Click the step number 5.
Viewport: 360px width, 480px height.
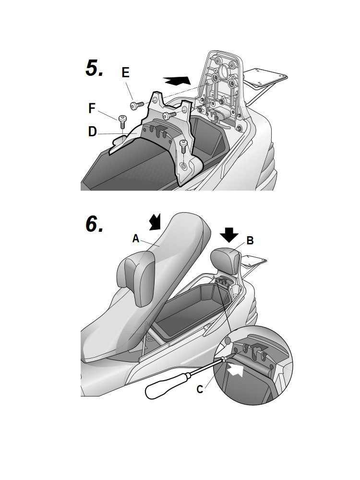pos(94,68)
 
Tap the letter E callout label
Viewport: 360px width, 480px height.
pos(125,73)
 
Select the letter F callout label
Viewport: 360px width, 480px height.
pos(92,108)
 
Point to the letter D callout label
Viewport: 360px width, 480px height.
pos(93,132)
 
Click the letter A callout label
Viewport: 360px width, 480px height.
pos(136,238)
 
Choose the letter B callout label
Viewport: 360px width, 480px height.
pos(250,240)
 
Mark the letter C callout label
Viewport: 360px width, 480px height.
pos(200,389)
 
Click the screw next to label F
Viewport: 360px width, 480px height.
pos(122,121)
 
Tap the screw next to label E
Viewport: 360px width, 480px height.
pos(137,105)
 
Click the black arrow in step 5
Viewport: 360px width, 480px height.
pos(177,81)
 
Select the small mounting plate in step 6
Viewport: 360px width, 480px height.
pos(254,261)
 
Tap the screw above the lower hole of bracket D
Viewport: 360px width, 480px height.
pos(183,146)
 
